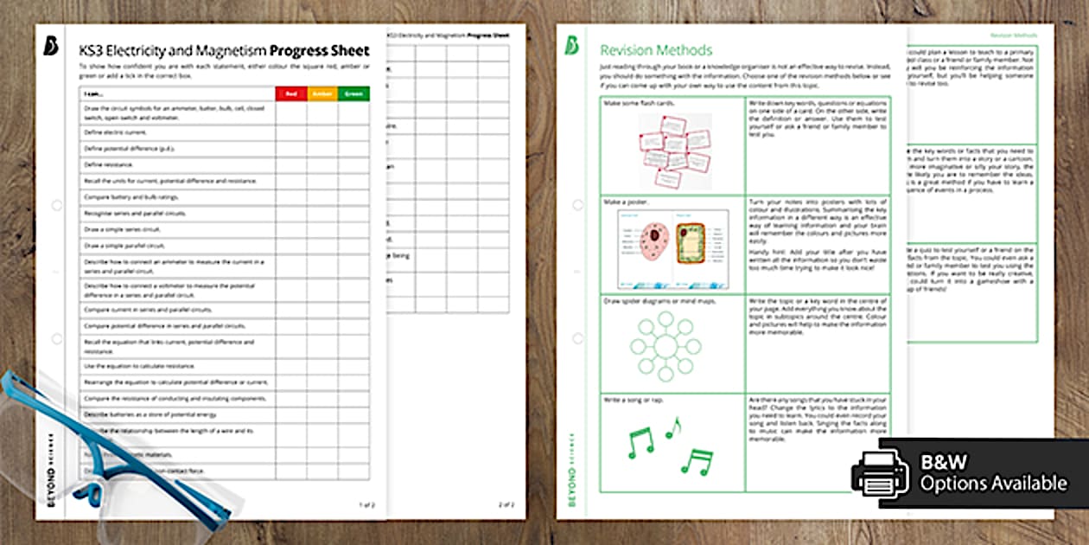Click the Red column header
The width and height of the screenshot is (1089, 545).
(x=290, y=93)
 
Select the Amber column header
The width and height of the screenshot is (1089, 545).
(x=322, y=93)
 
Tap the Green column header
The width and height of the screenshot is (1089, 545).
(x=353, y=93)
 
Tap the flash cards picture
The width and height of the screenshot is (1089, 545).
(x=674, y=151)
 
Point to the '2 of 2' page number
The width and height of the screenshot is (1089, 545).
(x=506, y=503)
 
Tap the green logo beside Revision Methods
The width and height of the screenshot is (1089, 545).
(x=571, y=46)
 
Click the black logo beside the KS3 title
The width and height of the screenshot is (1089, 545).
(x=51, y=49)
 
